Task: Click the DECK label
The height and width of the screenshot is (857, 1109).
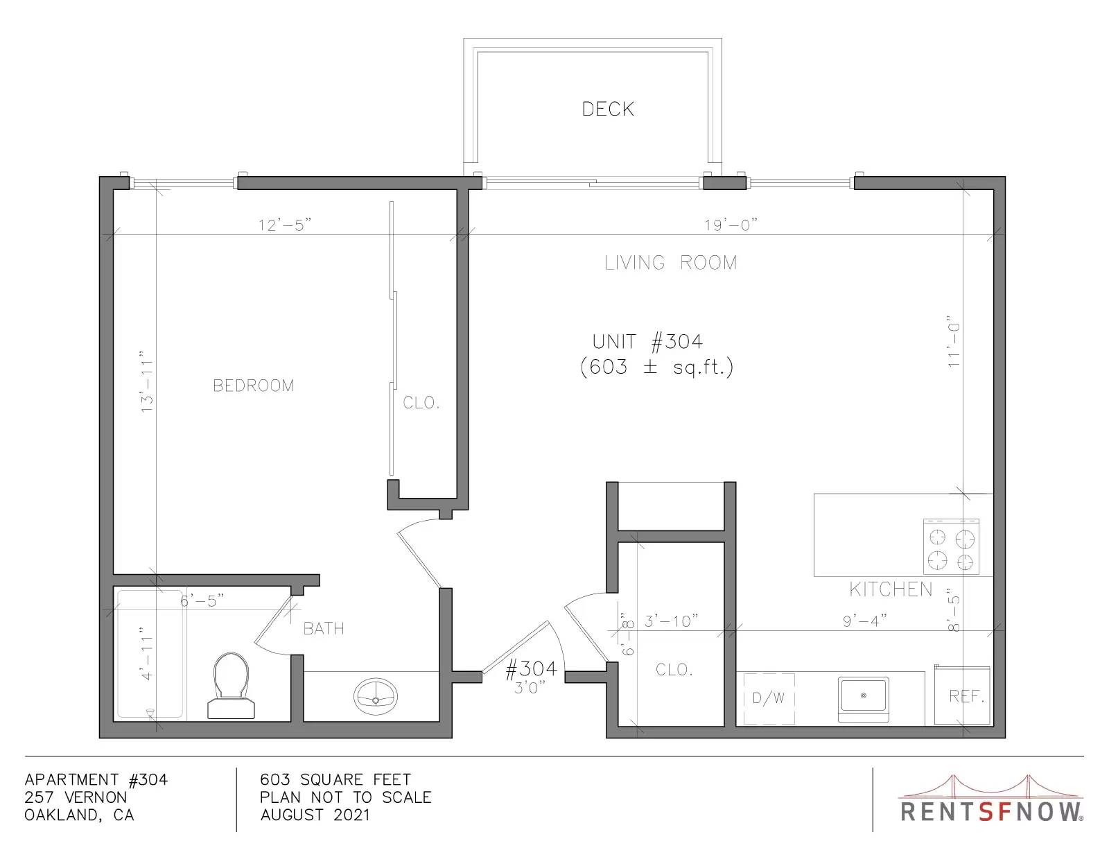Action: click(608, 110)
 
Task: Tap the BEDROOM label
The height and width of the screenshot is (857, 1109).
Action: click(254, 386)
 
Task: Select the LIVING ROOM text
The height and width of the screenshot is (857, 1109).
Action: click(671, 263)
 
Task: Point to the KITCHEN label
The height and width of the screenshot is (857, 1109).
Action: click(891, 589)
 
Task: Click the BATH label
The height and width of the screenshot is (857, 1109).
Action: click(324, 628)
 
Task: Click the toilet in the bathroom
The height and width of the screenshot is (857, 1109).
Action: click(232, 686)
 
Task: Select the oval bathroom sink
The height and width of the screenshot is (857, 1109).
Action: click(376, 696)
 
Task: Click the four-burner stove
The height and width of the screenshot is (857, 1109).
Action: click(951, 546)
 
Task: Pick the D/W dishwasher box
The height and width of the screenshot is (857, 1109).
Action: click(769, 699)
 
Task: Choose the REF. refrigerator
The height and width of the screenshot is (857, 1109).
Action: click(963, 695)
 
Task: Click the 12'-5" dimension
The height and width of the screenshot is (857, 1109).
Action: click(285, 225)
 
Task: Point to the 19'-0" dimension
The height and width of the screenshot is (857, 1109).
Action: click(731, 225)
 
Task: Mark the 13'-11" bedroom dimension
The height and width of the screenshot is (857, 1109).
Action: click(146, 381)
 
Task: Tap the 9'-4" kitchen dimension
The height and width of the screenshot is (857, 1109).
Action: click(864, 621)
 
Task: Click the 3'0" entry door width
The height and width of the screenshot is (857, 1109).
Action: click(530, 688)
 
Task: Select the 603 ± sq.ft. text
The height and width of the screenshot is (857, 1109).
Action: click(657, 367)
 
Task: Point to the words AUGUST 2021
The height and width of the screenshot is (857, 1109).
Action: click(315, 815)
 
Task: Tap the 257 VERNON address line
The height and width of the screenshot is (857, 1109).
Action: click(76, 797)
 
